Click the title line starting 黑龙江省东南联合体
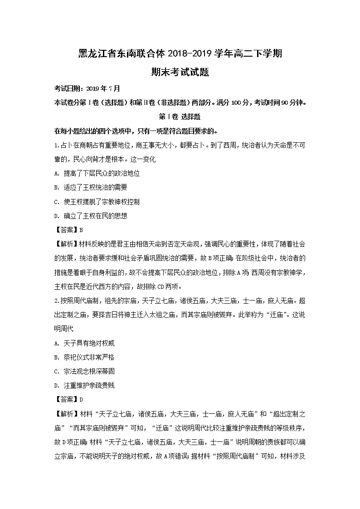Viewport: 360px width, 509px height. click(x=180, y=53)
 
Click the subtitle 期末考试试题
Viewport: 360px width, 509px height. click(x=180, y=72)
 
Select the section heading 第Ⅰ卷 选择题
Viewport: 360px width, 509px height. click(x=180, y=116)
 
